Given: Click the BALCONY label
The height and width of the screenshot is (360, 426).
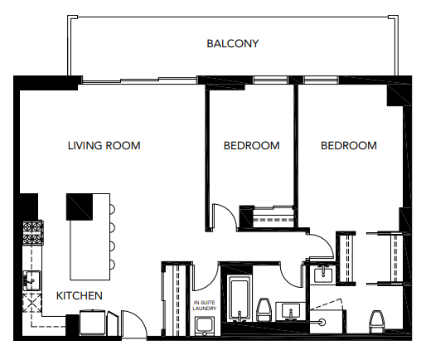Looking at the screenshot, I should click(233, 43).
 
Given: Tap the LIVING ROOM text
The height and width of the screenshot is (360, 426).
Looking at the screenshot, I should click(104, 146).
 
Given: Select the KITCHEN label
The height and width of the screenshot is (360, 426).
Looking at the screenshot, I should click(80, 295).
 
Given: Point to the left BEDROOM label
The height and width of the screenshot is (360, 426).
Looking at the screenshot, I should click(251, 146).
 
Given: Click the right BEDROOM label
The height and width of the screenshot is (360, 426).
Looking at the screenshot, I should click(348, 146).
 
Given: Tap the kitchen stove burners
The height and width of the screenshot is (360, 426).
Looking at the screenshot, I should click(32, 232).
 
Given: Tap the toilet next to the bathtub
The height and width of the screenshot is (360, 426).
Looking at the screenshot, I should click(265, 312).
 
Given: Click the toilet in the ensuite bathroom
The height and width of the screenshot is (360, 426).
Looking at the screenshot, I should click(376, 320).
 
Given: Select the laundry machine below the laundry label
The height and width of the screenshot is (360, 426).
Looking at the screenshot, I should click(205, 325).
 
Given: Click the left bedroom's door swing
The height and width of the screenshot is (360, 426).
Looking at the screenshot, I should click(225, 216).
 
